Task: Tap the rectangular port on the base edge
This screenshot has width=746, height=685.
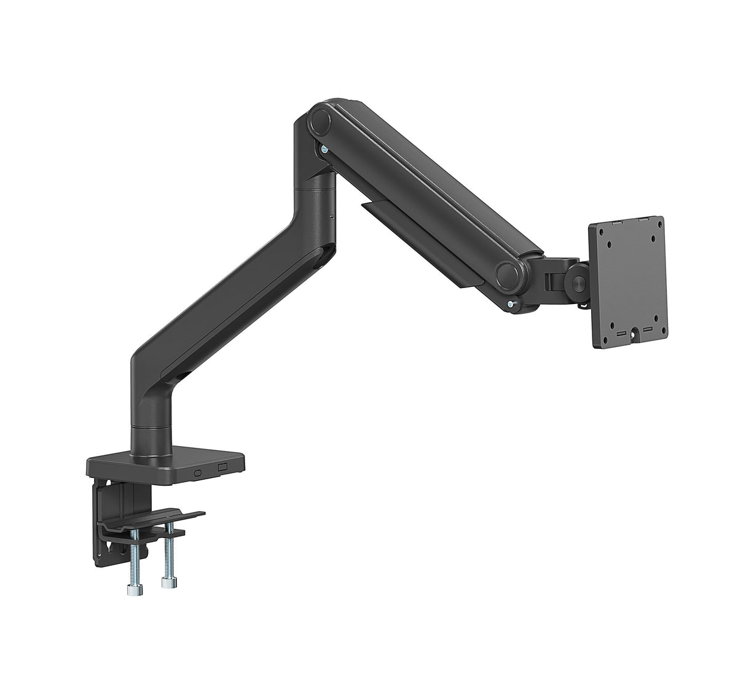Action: click(222, 469)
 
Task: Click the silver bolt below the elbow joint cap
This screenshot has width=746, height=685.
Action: click(322, 149)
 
